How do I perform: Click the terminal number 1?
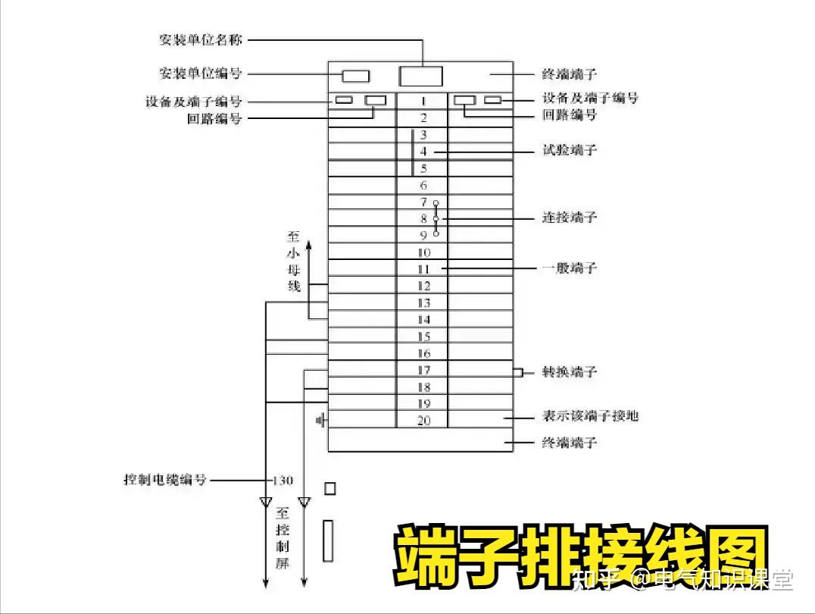(x=423, y=101)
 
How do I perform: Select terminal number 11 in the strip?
(x=423, y=269)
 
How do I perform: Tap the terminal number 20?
(x=423, y=420)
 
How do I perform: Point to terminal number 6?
(x=423, y=186)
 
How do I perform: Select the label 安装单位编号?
(x=201, y=74)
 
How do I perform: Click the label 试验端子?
(x=570, y=150)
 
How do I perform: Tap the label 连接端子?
(x=570, y=218)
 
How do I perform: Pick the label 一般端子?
(x=570, y=268)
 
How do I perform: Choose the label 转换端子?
(x=570, y=371)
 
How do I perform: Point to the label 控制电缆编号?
(x=165, y=480)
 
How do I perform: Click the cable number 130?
(x=283, y=481)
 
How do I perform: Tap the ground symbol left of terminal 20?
(x=320, y=419)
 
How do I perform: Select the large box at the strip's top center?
(x=420, y=76)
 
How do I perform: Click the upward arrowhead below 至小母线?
(x=309, y=248)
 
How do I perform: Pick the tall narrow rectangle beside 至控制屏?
(x=328, y=540)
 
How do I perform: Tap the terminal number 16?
(x=423, y=353)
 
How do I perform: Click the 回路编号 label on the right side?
(x=570, y=115)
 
